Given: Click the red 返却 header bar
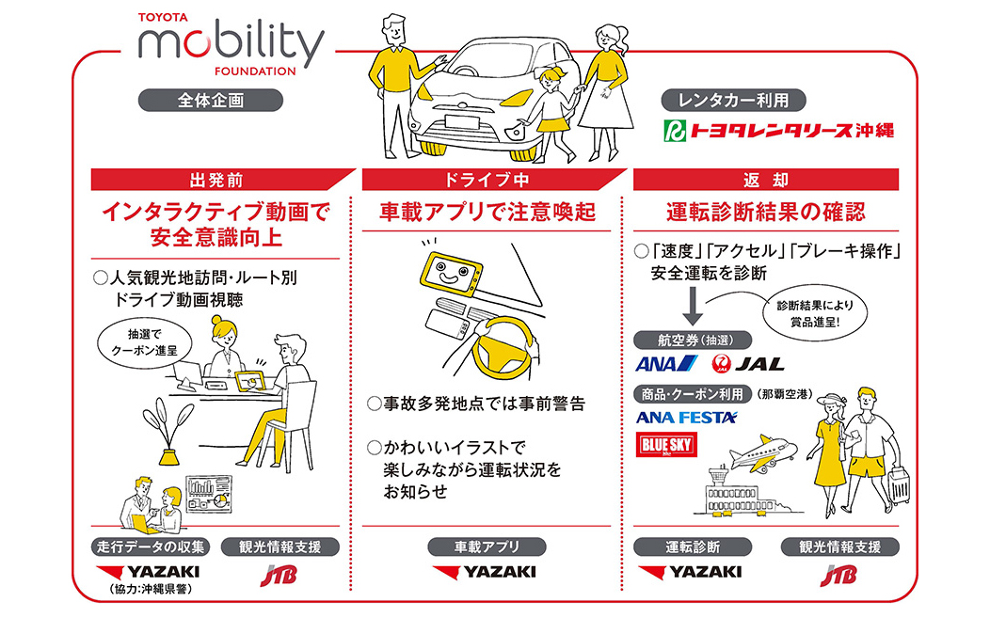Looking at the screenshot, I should (766, 179).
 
